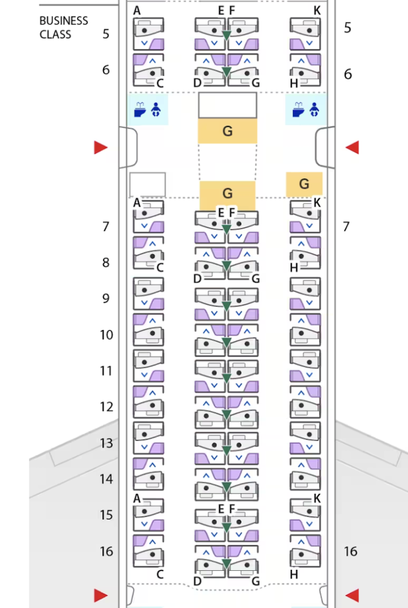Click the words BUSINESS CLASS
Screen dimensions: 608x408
coord(63,28)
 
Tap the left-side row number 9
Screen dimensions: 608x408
coord(106,299)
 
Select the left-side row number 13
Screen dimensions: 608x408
coord(106,443)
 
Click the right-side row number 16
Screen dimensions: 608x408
coord(350,552)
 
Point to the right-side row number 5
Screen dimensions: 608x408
coord(347,28)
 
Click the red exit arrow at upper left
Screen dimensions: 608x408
coord(101,147)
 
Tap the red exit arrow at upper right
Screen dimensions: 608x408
coord(352,147)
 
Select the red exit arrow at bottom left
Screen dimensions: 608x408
coord(101,595)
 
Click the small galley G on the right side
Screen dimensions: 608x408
coord(304,184)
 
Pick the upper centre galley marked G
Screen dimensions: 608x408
coord(227,131)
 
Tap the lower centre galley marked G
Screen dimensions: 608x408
coord(227,193)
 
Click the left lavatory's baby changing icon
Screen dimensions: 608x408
coord(156,109)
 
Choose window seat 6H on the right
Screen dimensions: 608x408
coord(305,70)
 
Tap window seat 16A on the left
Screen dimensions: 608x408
coord(148,550)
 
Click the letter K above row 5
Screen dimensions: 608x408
coord(317,11)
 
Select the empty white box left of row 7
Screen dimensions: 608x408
coord(147,184)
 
